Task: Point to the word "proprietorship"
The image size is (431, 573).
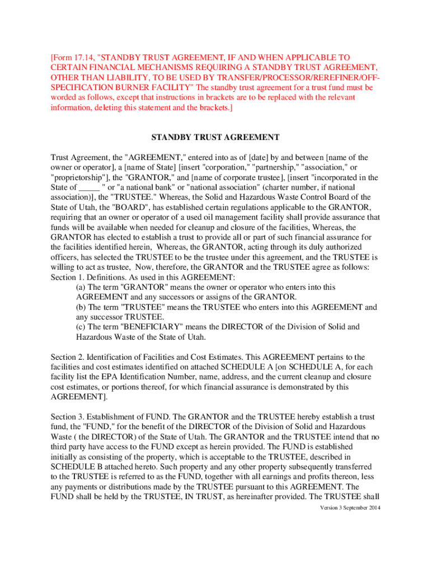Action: tap(78, 177)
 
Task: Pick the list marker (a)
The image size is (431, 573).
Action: tap(82, 287)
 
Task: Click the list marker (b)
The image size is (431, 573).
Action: tap(82, 307)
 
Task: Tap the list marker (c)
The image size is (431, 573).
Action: tap(82, 327)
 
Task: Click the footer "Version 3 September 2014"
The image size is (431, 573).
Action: tap(345, 508)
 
